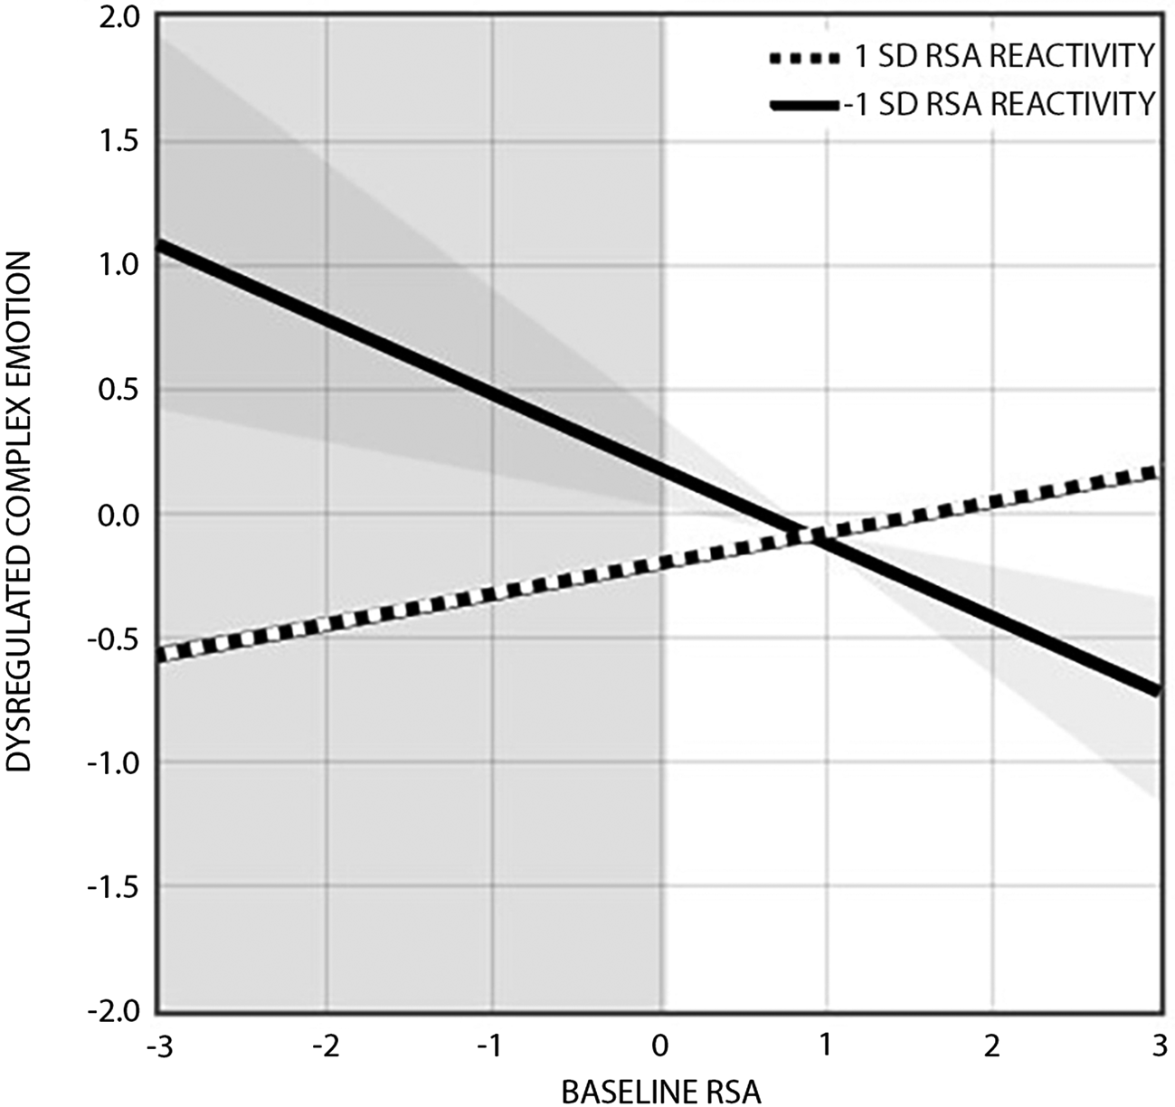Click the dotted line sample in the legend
tap(805, 59)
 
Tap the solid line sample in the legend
tap(805, 106)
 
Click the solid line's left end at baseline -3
tap(161, 244)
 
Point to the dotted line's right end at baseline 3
tap(1158, 471)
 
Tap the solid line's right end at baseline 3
tap(1158, 690)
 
